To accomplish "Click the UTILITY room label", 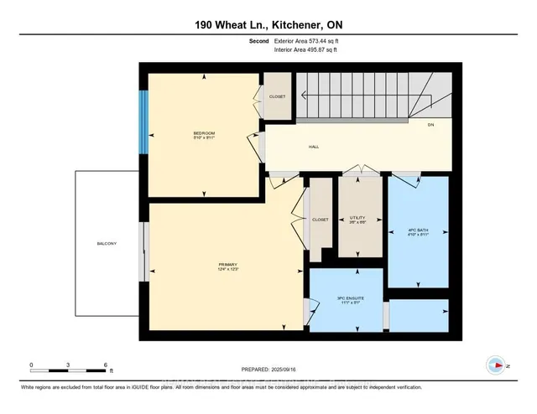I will pyautogui.click(x=358, y=219).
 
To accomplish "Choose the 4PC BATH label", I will pyautogui.click(x=417, y=230).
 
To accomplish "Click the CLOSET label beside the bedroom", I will pyautogui.click(x=277, y=96).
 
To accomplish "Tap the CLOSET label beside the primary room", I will pyautogui.click(x=320, y=220).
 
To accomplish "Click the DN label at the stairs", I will pyautogui.click(x=430, y=125).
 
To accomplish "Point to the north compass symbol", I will pyautogui.click(x=497, y=365).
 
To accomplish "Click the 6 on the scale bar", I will pyautogui.click(x=105, y=365).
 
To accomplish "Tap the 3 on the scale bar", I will pyautogui.click(x=68, y=365).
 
